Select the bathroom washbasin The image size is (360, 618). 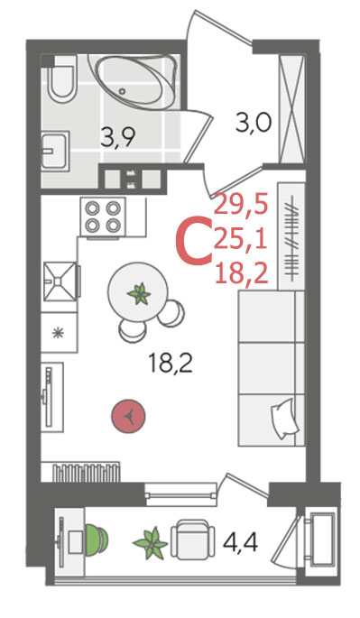[x=55, y=150]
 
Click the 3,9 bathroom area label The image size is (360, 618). [x=118, y=137]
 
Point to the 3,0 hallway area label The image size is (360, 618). [x=254, y=124]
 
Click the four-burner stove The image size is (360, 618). [x=103, y=217]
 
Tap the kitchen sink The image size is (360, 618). [x=60, y=281]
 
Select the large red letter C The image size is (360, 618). [x=193, y=244]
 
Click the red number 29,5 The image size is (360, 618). [x=241, y=206]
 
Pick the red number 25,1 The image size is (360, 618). [x=241, y=240]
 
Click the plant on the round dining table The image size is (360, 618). [x=139, y=293]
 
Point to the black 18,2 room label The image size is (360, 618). [x=171, y=364]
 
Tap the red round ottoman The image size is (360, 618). [x=128, y=416]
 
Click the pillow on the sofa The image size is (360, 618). [x=283, y=419]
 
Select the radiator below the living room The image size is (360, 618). [x=86, y=471]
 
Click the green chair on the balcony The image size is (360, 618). [x=96, y=539]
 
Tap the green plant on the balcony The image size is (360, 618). [x=151, y=543]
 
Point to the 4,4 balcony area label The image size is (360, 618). [x=240, y=542]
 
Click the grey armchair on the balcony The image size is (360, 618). [x=192, y=539]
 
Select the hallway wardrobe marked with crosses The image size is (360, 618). [x=291, y=109]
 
